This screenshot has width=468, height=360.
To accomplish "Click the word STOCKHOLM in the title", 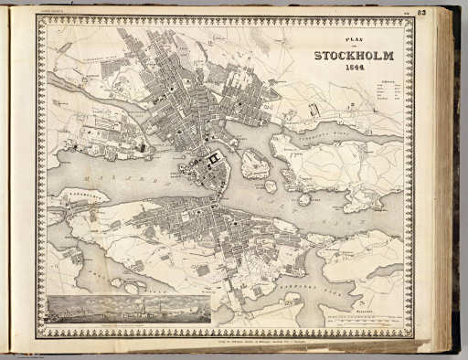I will pyautogui.click(x=354, y=56).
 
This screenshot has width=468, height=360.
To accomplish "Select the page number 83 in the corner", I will pyautogui.click(x=447, y=11).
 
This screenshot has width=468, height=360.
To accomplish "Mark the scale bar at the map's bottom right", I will pyautogui.click(x=366, y=321).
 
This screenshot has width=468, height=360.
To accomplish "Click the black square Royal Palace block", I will pyautogui.click(x=216, y=161).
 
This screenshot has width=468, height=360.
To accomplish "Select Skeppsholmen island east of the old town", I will pyautogui.click(x=255, y=164).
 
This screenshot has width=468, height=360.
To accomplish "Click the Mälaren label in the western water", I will pyautogui.click(x=110, y=173).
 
